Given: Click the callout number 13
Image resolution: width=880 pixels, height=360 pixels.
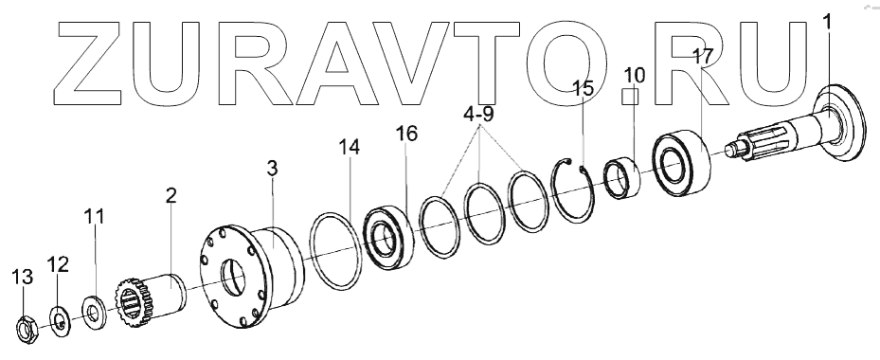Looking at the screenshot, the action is click(23, 277).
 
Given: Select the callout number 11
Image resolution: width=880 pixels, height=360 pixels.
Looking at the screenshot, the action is click(95, 217).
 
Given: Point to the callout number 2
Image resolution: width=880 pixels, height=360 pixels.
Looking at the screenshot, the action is click(171, 195).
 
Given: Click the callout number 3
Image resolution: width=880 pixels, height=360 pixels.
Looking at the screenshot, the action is click(272, 168).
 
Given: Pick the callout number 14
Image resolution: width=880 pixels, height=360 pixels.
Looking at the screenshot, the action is click(349, 148).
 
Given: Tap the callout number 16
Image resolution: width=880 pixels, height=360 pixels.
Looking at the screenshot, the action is click(406, 135).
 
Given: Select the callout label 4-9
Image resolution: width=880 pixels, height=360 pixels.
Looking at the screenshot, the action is click(478, 116).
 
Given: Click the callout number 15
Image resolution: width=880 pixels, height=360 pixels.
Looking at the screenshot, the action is click(583, 88).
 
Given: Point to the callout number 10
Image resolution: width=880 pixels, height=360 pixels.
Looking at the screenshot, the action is click(634, 75).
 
